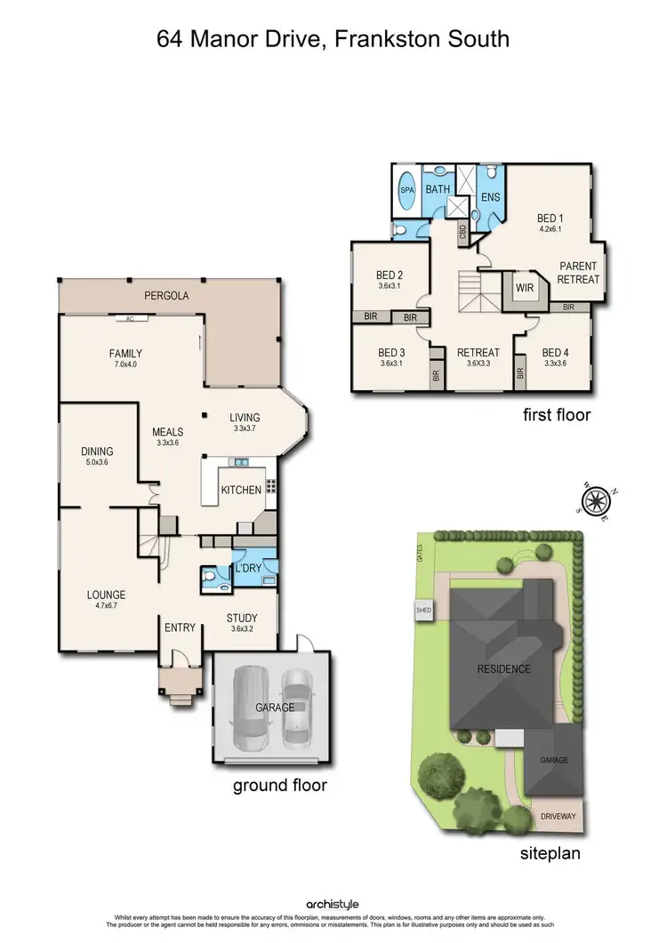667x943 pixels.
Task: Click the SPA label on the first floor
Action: point(406,191)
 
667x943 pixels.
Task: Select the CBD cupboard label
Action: point(462,234)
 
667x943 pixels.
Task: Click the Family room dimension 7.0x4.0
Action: point(125,364)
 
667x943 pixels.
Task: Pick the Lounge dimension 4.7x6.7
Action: point(105,607)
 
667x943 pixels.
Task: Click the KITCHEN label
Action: point(241,490)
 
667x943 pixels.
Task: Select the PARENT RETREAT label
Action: point(578,273)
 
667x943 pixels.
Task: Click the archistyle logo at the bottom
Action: point(333,904)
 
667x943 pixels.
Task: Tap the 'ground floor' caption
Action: point(279,785)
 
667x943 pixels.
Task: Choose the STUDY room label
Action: point(241,619)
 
